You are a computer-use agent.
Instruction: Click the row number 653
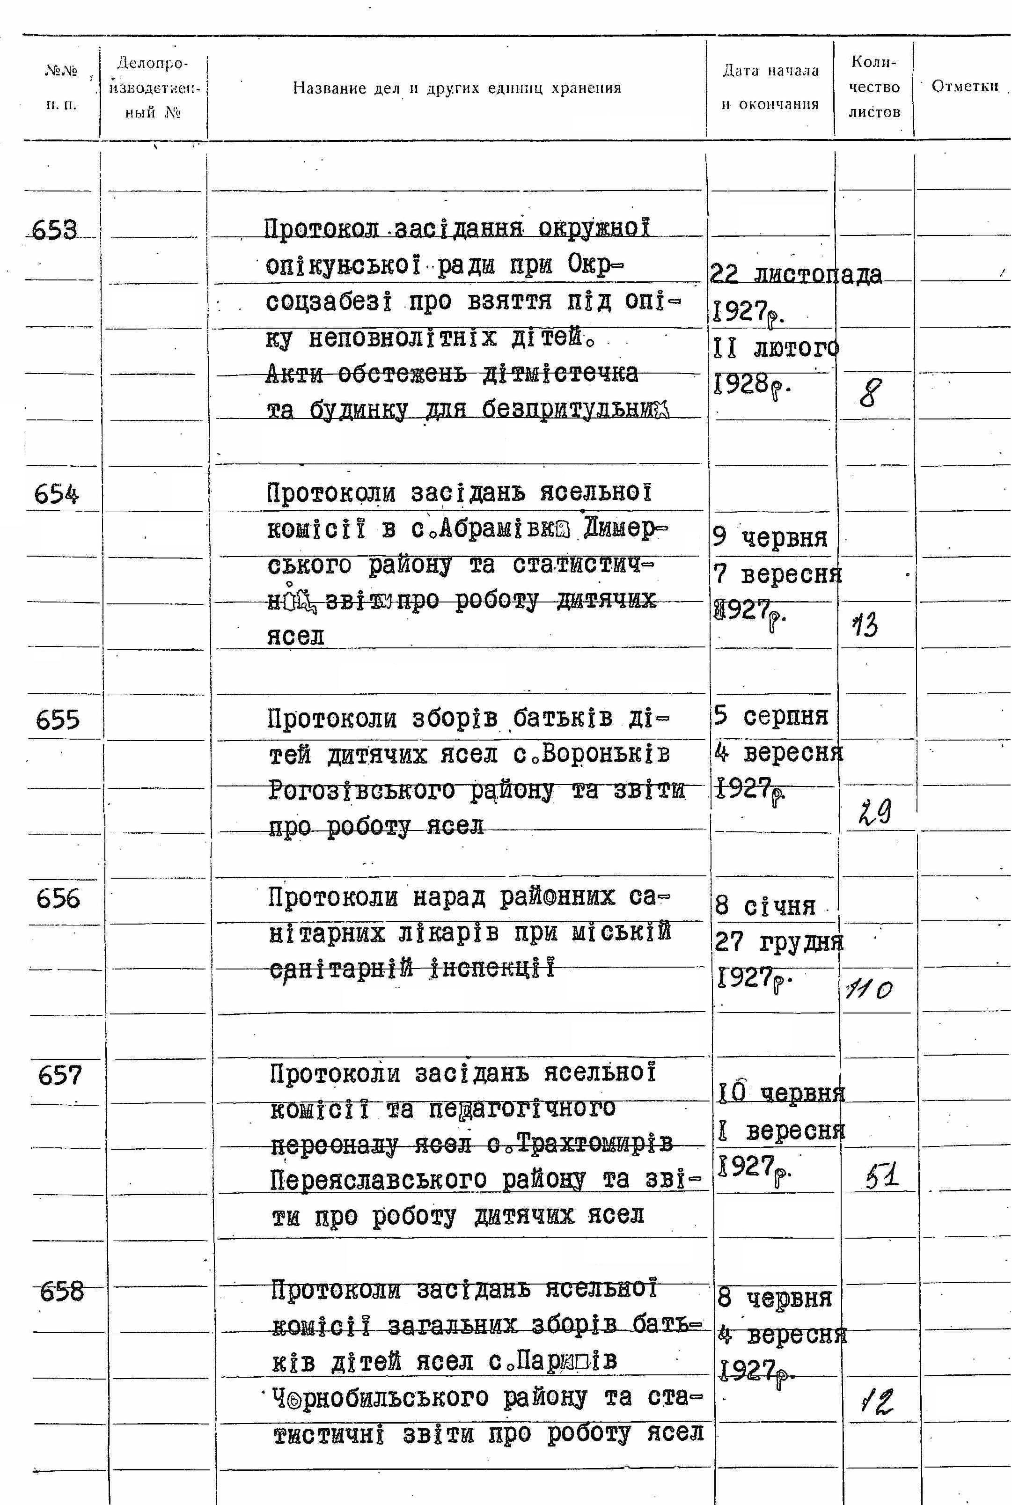pyautogui.click(x=54, y=230)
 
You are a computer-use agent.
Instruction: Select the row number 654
pyautogui.click(x=57, y=494)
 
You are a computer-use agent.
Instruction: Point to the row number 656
pyautogui.click(x=58, y=898)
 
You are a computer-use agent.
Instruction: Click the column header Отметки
pyautogui.click(x=964, y=87)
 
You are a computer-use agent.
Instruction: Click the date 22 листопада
pyautogui.click(x=795, y=275)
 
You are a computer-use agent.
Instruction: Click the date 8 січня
pyautogui.click(x=765, y=907)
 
